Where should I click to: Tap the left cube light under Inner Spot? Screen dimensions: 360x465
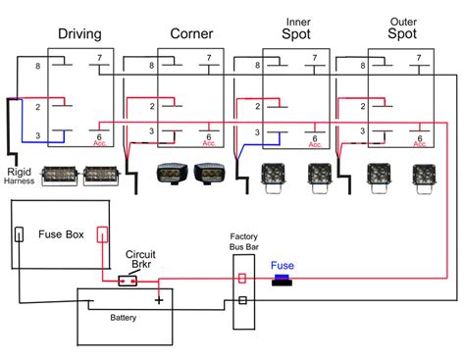click(x=275, y=174)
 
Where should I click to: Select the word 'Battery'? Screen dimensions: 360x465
click(x=124, y=318)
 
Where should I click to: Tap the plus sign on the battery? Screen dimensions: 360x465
click(x=158, y=299)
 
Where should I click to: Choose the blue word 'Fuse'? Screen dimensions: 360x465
click(x=283, y=265)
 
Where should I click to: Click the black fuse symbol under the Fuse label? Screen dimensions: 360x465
click(x=283, y=280)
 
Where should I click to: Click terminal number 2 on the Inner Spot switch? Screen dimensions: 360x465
click(x=251, y=105)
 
